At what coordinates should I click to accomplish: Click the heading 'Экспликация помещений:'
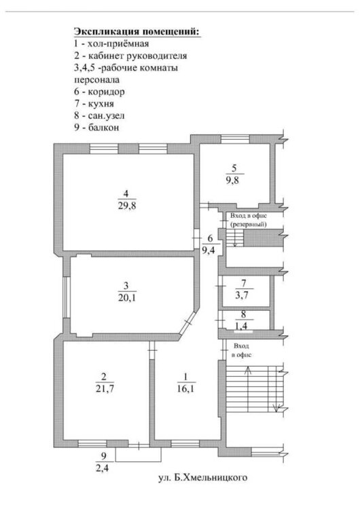coord(137,31)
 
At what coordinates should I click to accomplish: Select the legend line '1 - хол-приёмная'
coord(111,43)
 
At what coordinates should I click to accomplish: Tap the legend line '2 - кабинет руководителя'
coord(130,56)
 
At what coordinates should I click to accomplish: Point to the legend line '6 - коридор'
coord(99,92)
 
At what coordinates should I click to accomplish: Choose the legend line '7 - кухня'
coord(94,104)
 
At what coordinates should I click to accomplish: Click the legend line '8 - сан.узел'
coord(99,115)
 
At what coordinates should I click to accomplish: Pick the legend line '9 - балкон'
coord(96,128)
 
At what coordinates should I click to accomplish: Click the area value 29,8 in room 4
coord(127,206)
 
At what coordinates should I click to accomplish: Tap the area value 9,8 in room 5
coord(232,180)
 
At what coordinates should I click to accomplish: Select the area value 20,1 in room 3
coord(127,297)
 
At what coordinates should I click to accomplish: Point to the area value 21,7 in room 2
coord(105,388)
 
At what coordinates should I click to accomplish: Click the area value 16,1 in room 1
coord(186,388)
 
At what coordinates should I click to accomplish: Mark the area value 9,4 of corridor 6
coord(209,250)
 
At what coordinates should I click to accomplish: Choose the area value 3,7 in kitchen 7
coord(242,295)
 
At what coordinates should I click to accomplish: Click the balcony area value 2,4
coord(103,468)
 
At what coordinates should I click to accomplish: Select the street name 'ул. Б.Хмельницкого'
coord(202,478)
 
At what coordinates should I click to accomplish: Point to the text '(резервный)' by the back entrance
coord(249,225)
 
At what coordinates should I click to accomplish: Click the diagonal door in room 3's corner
coord(188,323)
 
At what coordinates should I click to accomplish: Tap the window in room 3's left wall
coord(67,297)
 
